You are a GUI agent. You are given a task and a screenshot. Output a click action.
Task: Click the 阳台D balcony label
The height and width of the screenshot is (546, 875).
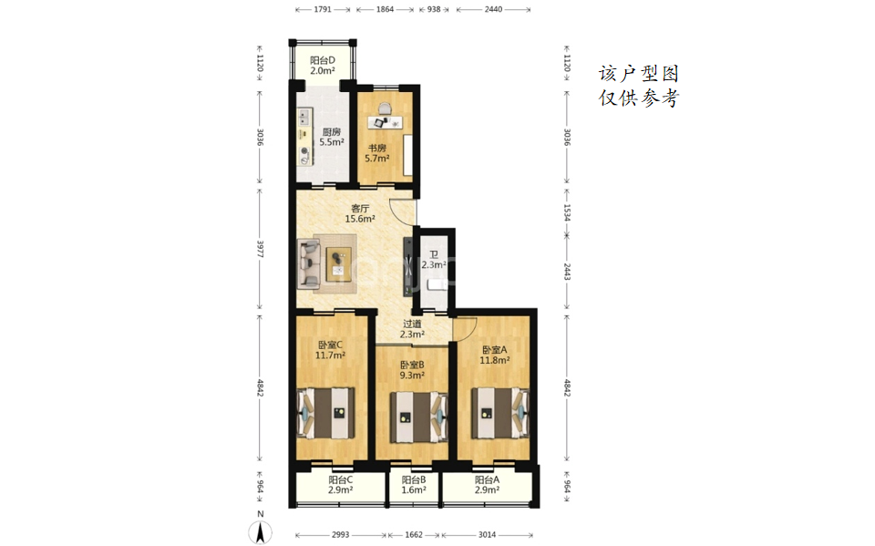pyautogui.click(x=323, y=60)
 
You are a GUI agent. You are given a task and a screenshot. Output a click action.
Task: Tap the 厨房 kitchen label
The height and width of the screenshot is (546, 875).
pyautogui.click(x=332, y=132)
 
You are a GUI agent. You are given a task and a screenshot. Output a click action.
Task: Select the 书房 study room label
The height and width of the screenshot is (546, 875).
pyautogui.click(x=377, y=148)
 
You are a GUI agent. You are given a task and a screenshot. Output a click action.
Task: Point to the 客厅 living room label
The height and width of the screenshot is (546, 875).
pyautogui.click(x=360, y=208)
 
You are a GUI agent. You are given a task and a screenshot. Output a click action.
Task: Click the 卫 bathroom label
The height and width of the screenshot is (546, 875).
pyautogui.click(x=434, y=254)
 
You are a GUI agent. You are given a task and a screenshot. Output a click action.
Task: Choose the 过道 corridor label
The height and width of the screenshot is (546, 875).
pyautogui.click(x=412, y=324)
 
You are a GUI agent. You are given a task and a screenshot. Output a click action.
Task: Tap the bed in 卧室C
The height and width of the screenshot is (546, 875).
pyautogui.click(x=326, y=413)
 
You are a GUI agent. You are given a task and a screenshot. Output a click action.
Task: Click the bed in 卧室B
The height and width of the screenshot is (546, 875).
pyautogui.click(x=418, y=417)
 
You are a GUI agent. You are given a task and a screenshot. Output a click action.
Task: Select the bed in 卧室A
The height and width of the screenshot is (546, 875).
pyautogui.click(x=500, y=413)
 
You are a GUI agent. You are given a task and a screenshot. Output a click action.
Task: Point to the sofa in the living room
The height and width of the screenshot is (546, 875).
pyautogui.click(x=309, y=263)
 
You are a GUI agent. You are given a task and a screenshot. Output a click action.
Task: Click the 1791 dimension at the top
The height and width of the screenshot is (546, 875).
pyautogui.click(x=323, y=9)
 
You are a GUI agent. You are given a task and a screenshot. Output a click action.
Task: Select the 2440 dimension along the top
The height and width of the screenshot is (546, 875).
pyautogui.click(x=493, y=9)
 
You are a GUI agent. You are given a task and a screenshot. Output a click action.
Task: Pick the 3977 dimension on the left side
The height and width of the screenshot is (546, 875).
pyautogui.click(x=260, y=250)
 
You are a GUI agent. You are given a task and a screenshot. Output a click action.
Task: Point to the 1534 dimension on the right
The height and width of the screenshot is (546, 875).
pyautogui.click(x=567, y=212)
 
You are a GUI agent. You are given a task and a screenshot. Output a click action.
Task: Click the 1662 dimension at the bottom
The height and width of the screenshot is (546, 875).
pyautogui.click(x=414, y=535)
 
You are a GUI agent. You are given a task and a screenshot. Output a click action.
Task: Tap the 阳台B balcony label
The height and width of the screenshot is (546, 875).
pyautogui.click(x=414, y=480)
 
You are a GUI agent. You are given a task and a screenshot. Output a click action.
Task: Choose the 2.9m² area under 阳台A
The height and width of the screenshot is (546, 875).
pyautogui.click(x=487, y=490)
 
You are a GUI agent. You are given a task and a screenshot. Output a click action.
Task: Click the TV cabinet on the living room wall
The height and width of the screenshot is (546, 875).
pyautogui.click(x=408, y=267)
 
